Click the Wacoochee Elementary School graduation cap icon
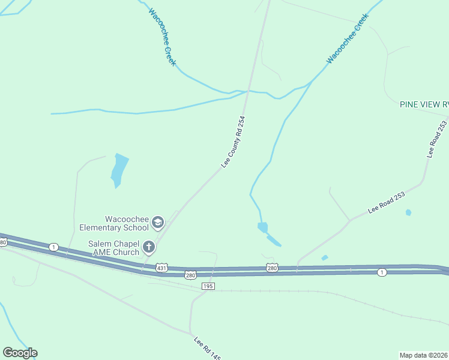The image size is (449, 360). click(158, 223)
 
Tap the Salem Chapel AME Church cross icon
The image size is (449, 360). click(148, 247)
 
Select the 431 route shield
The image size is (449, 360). click(161, 266)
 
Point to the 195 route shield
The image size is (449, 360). click(208, 287)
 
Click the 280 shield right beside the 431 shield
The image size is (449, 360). click(190, 275)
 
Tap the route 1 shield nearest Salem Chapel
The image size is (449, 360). click(54, 247)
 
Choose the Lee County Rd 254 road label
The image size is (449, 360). click(234, 142)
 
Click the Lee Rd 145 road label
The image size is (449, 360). click(207, 349)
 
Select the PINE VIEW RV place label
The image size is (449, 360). click(424, 104)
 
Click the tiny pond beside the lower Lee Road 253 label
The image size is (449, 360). click(408, 212)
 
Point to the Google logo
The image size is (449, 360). click(20, 353)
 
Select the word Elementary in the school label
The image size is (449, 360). click(115, 227)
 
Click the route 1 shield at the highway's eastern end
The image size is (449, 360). click(382, 273)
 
